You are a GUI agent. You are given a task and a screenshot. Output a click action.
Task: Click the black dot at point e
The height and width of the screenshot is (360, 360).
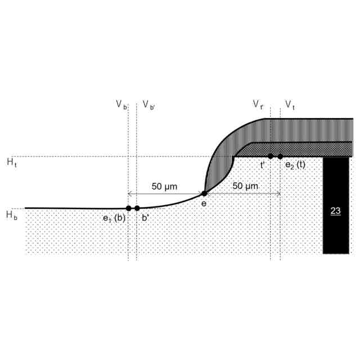[204, 193]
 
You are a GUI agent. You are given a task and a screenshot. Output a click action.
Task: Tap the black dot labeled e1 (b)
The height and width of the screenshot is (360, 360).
[129, 208]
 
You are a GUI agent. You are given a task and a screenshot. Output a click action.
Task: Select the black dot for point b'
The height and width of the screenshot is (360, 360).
[137, 208]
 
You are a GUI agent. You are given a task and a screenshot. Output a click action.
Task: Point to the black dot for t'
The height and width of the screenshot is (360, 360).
[271, 156]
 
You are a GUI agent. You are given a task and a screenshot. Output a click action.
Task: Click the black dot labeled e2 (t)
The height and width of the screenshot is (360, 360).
[280, 156]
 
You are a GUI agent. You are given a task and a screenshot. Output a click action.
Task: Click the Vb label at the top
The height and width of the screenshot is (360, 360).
[121, 105]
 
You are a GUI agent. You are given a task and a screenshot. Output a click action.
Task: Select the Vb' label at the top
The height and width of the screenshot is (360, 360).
[148, 105]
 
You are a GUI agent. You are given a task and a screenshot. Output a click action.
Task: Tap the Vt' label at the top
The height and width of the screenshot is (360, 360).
[258, 105]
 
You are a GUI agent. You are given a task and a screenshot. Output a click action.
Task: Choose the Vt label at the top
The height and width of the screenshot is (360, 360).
[290, 105]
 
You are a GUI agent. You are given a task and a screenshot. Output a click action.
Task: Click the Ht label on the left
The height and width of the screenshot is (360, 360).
[12, 163]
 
